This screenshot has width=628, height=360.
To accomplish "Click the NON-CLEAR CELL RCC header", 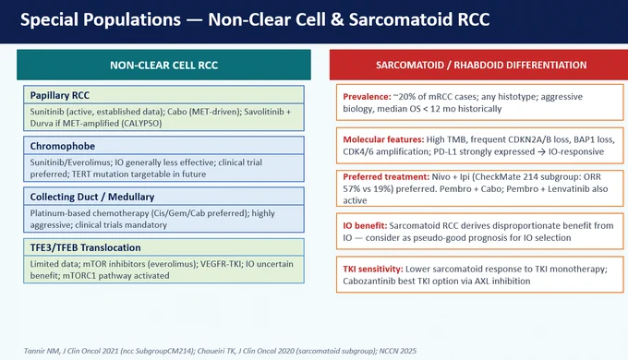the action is (x=163, y=65).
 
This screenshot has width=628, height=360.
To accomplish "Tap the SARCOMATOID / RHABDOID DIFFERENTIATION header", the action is (x=481, y=65).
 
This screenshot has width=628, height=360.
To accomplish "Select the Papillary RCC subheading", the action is (x=60, y=95).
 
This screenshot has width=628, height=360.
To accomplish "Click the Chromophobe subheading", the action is (x=63, y=146).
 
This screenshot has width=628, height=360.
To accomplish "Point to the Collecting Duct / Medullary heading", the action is (x=92, y=197).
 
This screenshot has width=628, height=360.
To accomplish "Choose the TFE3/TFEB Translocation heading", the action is (x=85, y=247).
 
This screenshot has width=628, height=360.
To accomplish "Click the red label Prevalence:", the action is (x=367, y=97).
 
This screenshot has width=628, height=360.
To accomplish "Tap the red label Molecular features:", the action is (x=383, y=139).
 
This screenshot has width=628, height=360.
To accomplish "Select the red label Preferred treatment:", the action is (x=386, y=176).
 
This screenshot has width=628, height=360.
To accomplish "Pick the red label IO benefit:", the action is (x=365, y=225).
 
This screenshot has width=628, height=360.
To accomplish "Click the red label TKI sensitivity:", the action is (x=373, y=269).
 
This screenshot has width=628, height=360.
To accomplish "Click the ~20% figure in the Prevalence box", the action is (x=403, y=97).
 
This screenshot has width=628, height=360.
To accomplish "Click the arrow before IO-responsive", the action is (x=541, y=151).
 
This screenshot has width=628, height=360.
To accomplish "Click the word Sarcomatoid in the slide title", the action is (x=401, y=19).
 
